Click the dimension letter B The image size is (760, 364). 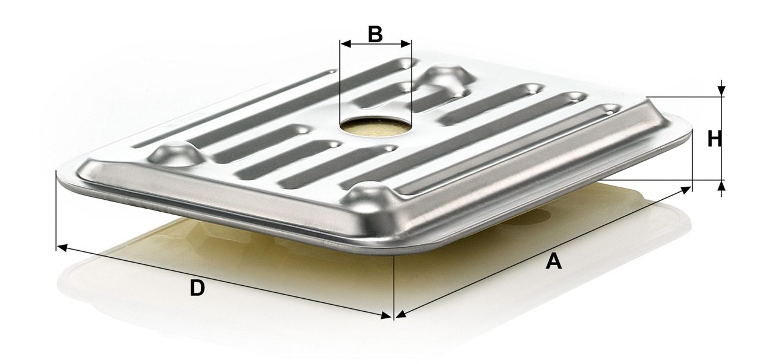pos(375,34)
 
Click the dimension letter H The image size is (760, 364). pos(714,139)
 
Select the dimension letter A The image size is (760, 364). pos(553,261)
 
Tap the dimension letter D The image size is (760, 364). pos(197,288)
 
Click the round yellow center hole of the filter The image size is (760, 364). pos(375,127)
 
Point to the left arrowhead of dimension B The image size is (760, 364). pos(346,44)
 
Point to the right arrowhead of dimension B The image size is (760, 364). pos(406,44)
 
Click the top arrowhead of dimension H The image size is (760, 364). pos(721,91)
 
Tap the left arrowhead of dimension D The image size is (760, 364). pos(62,248)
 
